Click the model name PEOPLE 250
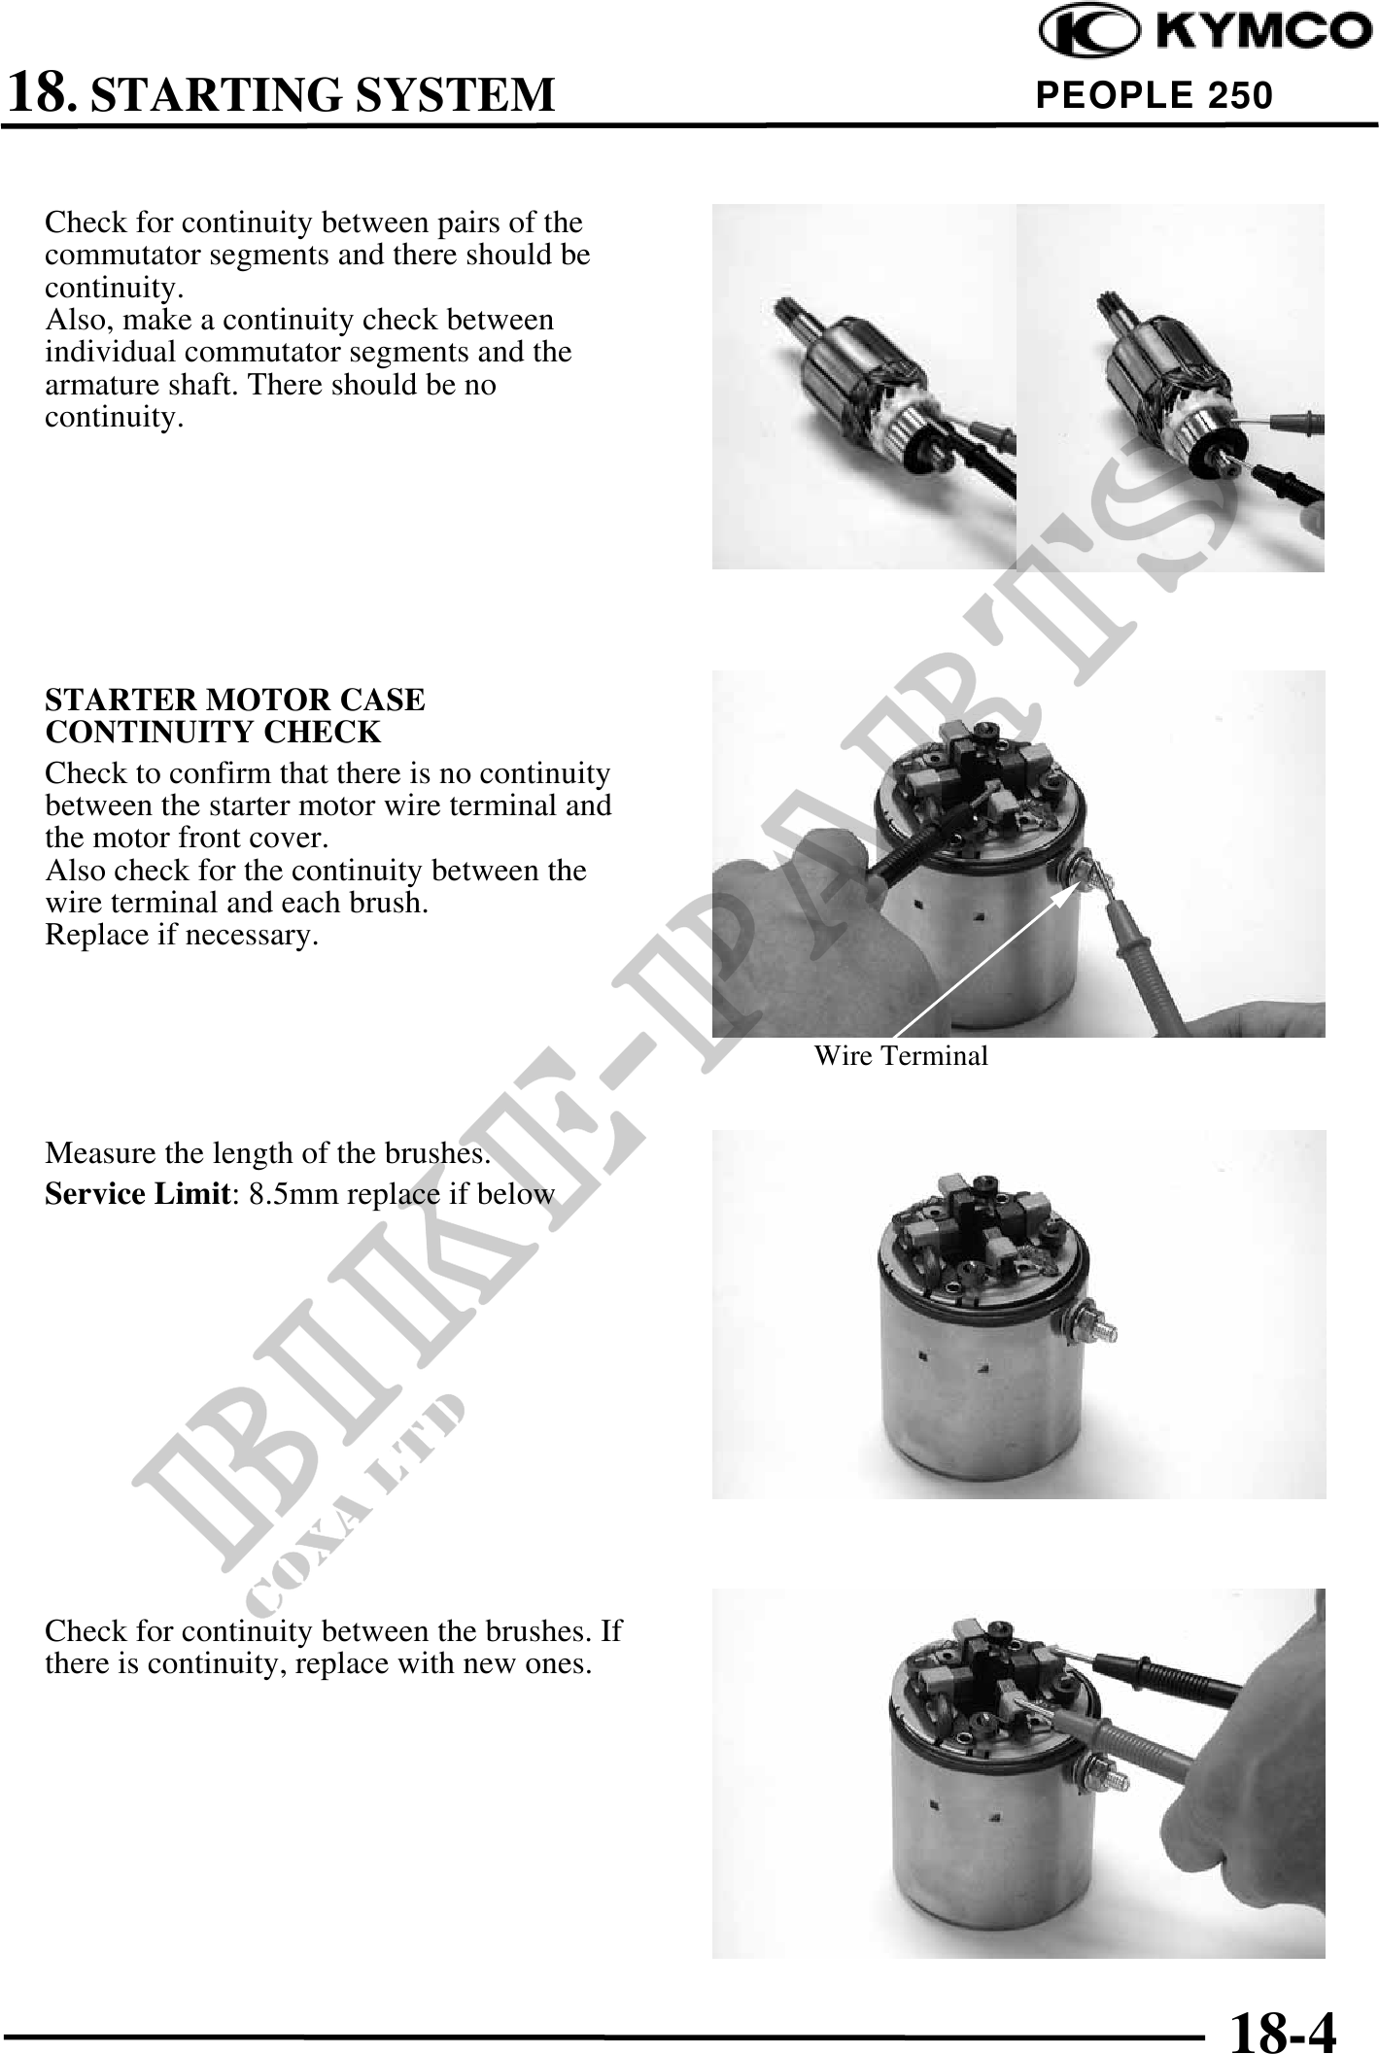point(1155,95)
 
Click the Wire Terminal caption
point(901,1055)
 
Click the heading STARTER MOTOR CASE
point(235,700)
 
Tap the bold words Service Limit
point(136,1193)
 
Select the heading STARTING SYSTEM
point(328,95)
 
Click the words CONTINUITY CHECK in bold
point(213,732)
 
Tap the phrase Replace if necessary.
point(182,936)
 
